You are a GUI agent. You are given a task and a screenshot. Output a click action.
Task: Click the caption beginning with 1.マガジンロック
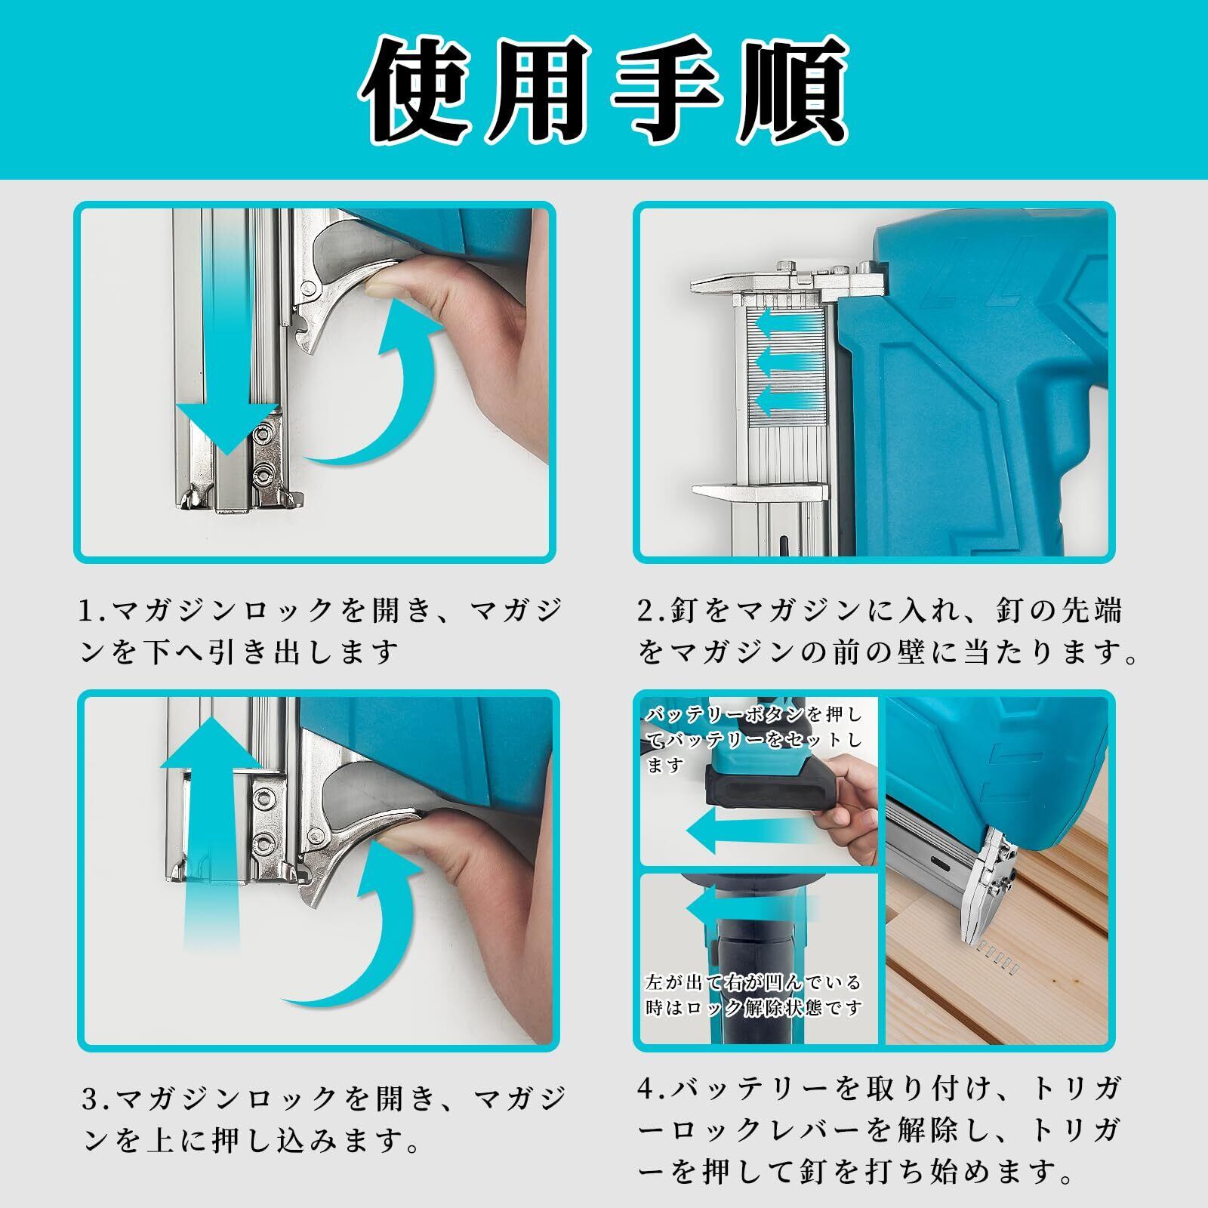tap(320, 631)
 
